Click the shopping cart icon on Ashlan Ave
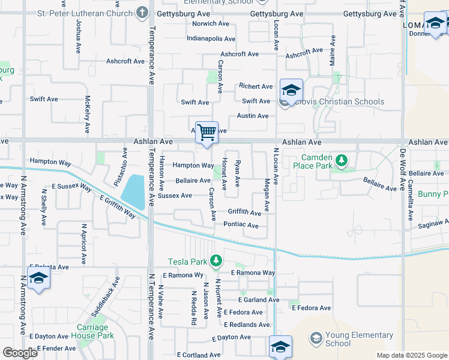206,132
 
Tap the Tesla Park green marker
217,261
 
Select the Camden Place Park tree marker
342,160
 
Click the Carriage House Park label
92,331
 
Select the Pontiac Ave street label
241,226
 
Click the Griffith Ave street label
244,212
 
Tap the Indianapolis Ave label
194,38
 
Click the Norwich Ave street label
210,24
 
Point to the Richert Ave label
256,86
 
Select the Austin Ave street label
252,116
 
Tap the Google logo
20,353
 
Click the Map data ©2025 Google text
411,355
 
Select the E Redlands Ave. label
247,325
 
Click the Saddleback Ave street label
106,297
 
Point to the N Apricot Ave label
84,241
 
